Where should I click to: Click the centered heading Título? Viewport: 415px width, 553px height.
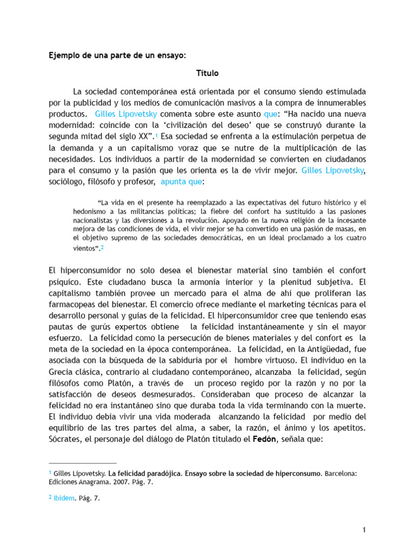(x=207, y=72)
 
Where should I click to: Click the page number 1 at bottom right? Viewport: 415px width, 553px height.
(x=365, y=530)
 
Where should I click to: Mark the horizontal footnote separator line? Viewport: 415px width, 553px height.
(x=82, y=463)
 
